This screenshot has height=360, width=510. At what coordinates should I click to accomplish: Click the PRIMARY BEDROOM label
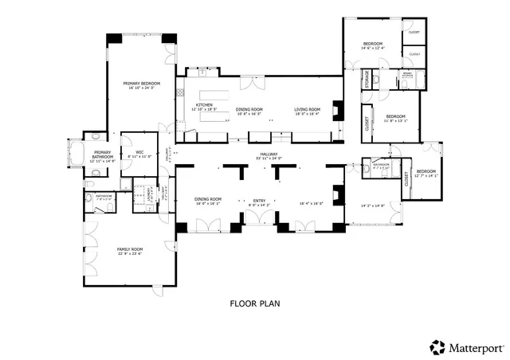coord(141,84)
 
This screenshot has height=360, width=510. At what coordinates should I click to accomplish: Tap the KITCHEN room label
coord(205,105)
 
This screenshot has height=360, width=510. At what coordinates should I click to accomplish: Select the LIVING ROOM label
coord(307,109)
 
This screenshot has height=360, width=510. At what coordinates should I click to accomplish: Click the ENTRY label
coord(260,200)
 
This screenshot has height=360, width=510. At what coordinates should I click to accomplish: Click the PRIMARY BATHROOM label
coord(103,153)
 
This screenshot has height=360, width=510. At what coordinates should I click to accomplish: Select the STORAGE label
coord(367,79)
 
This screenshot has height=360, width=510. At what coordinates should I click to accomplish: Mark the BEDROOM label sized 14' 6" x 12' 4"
coord(373,43)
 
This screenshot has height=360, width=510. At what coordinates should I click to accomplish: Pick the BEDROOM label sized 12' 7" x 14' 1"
coord(426,171)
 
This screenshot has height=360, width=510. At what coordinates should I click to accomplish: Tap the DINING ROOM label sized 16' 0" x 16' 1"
coord(208,199)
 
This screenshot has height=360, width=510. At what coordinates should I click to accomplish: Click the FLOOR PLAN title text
coord(255,303)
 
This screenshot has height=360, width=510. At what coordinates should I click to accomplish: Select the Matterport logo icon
coord(437,346)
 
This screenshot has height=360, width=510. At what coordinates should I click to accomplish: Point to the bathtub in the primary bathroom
coord(78,153)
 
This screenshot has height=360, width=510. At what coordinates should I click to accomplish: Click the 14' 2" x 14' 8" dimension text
coord(373,205)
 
